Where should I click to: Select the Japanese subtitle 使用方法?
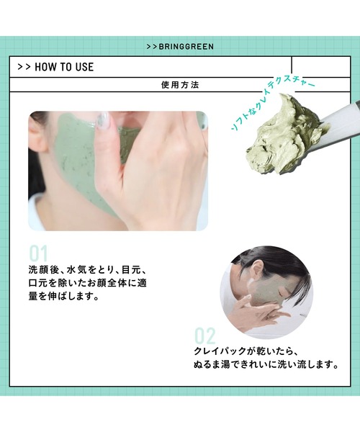(x=180, y=85)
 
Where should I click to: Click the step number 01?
(x=38, y=253)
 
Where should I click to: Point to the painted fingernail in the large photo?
(x=103, y=122)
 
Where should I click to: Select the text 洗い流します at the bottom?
(x=306, y=365)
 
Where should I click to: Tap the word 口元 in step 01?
(x=37, y=283)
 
